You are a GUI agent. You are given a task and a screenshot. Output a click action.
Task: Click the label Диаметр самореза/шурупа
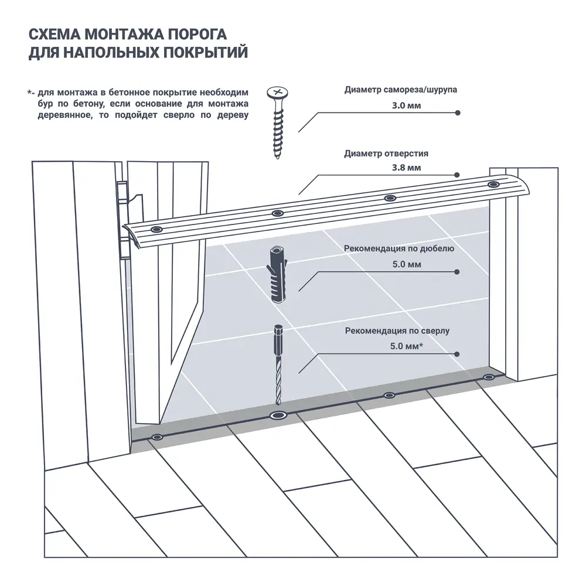[401, 91]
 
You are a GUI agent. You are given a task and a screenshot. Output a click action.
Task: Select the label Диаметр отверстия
[386, 154]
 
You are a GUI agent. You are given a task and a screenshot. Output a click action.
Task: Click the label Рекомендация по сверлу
[397, 331]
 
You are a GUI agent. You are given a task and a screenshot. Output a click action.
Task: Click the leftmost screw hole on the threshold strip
[156, 229]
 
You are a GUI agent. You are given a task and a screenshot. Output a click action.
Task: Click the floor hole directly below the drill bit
[277, 416]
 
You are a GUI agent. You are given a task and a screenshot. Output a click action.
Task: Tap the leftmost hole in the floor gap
[156, 437]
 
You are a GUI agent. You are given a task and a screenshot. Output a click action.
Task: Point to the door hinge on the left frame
[122, 220]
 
